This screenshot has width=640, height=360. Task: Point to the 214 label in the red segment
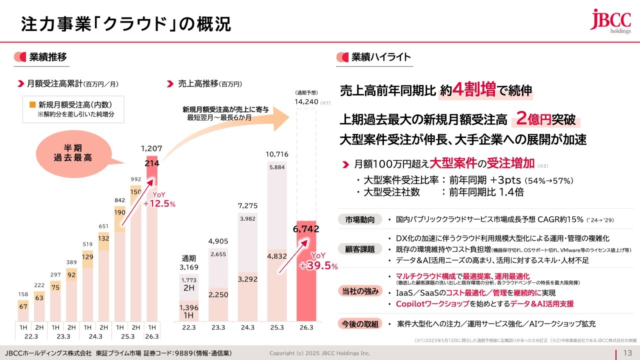[x=151, y=163]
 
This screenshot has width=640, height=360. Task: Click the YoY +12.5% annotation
[x=158, y=200]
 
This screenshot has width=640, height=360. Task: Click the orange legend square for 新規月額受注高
[x=32, y=104]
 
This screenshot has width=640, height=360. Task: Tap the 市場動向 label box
[x=359, y=219]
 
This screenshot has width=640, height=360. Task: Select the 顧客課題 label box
[x=359, y=248]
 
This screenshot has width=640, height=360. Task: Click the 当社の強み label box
[x=359, y=291]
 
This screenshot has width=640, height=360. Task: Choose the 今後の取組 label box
[x=359, y=323]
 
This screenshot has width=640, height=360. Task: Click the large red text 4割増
[x=473, y=90]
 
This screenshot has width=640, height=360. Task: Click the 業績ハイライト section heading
[x=381, y=57]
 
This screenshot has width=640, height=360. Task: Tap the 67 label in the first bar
[x=23, y=306]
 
